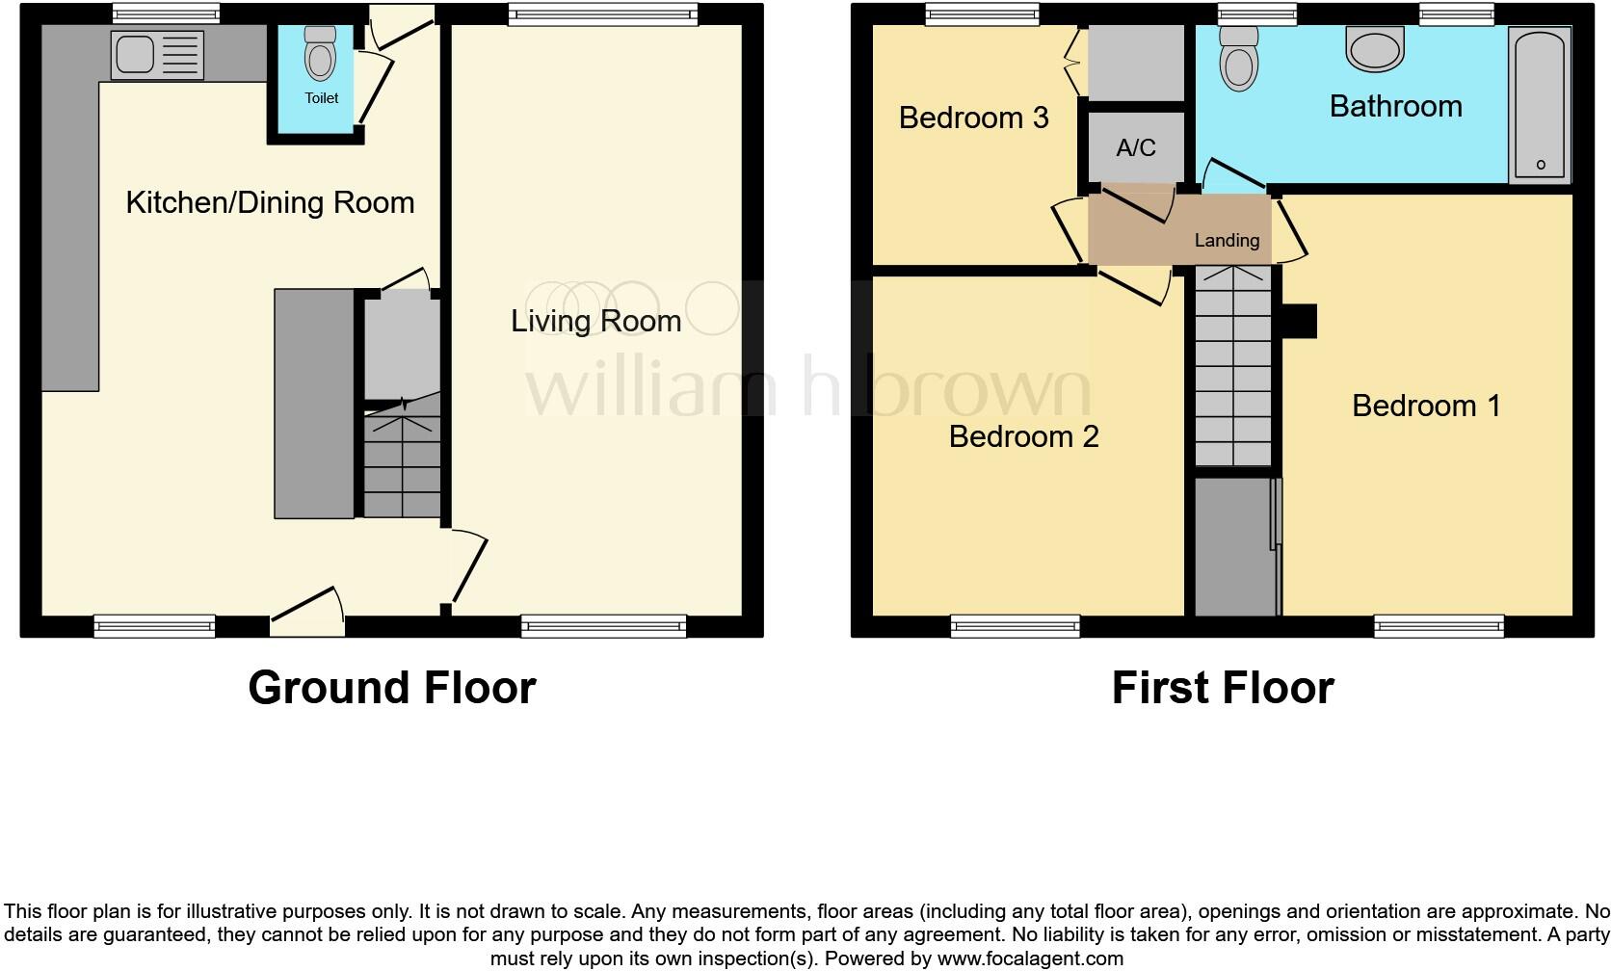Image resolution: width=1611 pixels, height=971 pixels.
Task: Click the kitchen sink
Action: click(x=157, y=54)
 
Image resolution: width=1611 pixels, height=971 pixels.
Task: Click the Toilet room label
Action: click(x=322, y=98)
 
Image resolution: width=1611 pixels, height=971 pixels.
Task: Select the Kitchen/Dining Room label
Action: click(x=270, y=202)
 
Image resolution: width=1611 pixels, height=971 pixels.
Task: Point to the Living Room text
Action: click(x=595, y=321)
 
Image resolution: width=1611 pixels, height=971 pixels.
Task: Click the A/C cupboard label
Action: click(x=1135, y=147)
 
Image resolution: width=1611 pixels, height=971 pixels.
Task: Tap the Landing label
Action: click(x=1227, y=241)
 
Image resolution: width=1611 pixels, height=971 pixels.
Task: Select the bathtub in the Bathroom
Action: click(x=1540, y=104)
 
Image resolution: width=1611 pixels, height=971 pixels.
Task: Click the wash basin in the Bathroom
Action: click(x=1375, y=48)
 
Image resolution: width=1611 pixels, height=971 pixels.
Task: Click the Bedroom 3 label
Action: click(x=973, y=118)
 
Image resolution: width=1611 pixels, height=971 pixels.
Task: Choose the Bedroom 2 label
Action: click(x=1023, y=436)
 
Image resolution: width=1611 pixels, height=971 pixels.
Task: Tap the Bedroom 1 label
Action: click(x=1426, y=406)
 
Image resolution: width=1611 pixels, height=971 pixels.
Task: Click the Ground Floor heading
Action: click(x=391, y=688)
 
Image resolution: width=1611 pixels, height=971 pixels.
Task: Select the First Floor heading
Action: click(x=1222, y=688)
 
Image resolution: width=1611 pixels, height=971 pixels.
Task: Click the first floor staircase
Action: click(x=1233, y=371)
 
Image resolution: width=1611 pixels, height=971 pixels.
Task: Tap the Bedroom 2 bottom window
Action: click(x=1015, y=627)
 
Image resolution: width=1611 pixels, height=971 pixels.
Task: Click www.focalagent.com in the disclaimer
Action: click(x=1029, y=958)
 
